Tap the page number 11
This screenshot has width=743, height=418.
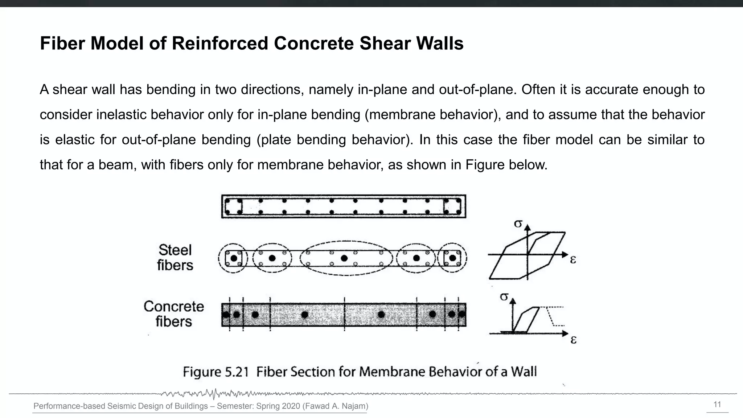point(717,405)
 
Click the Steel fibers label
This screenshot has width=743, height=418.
point(175,258)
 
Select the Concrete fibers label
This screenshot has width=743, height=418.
point(174,314)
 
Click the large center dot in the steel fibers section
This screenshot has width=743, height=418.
point(344,258)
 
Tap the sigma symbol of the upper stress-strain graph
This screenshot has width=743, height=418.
point(518,224)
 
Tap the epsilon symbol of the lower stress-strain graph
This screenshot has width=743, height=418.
point(573,340)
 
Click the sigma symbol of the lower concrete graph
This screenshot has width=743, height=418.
point(504,297)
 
